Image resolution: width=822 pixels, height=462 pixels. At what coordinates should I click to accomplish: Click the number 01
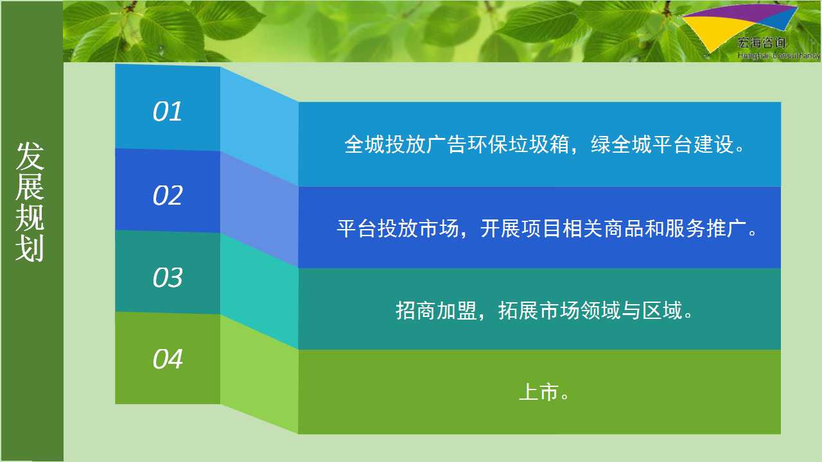[x=168, y=111]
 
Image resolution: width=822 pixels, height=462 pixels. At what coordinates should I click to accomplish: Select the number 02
[x=168, y=195]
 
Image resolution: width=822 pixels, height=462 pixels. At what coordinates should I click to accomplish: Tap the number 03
[x=168, y=277]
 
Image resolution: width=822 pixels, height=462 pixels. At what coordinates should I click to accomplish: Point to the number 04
[x=168, y=359]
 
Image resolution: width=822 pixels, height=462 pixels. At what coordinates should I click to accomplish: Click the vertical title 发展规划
[x=30, y=201]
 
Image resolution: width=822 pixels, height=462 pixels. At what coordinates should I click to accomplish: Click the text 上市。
[x=544, y=392]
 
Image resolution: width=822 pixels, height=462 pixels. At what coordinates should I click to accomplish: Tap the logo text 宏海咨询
[x=762, y=43]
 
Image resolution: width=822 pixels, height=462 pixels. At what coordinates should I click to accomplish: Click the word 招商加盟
[x=436, y=311]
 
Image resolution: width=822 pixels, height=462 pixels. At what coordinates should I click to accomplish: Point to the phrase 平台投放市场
[x=398, y=228]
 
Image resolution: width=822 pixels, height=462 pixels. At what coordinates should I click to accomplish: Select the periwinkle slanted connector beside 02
[x=259, y=209]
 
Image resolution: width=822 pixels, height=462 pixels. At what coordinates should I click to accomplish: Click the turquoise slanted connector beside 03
[x=259, y=291]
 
